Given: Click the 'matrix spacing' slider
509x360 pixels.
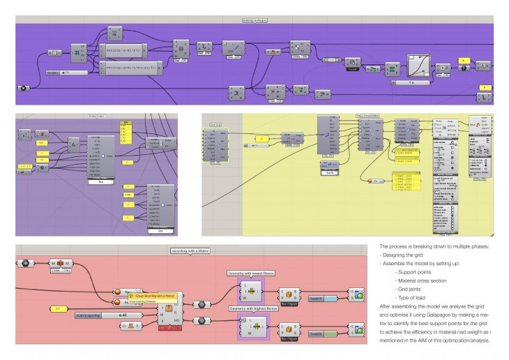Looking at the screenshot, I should (105, 315).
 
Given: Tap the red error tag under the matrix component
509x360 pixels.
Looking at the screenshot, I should (170, 329).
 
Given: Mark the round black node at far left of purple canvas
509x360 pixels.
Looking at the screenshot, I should (24, 89).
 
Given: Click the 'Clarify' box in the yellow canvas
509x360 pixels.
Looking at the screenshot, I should (328, 165).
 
